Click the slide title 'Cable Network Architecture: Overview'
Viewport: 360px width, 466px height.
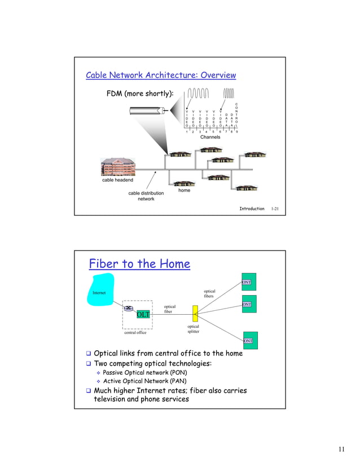pyautogui.click(x=160, y=76)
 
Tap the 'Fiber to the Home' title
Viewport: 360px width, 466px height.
pyautogui.click(x=139, y=264)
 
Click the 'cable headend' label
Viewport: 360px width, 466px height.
pyautogui.click(x=118, y=181)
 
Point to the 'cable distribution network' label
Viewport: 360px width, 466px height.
pyautogui.click(x=146, y=196)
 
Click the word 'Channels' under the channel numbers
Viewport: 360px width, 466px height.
pyautogui.click(x=210, y=137)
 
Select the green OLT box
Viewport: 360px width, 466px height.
pyautogui.click(x=143, y=314)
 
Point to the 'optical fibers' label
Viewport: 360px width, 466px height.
pyautogui.click(x=209, y=294)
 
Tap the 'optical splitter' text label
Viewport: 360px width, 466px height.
pyautogui.click(x=193, y=329)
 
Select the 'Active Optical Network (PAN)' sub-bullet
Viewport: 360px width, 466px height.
pyautogui.click(x=144, y=381)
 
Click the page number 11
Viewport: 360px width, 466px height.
pyautogui.click(x=341, y=449)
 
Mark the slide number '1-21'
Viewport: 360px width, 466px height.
pyautogui.click(x=275, y=209)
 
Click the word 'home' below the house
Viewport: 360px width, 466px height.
pyautogui.click(x=184, y=191)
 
